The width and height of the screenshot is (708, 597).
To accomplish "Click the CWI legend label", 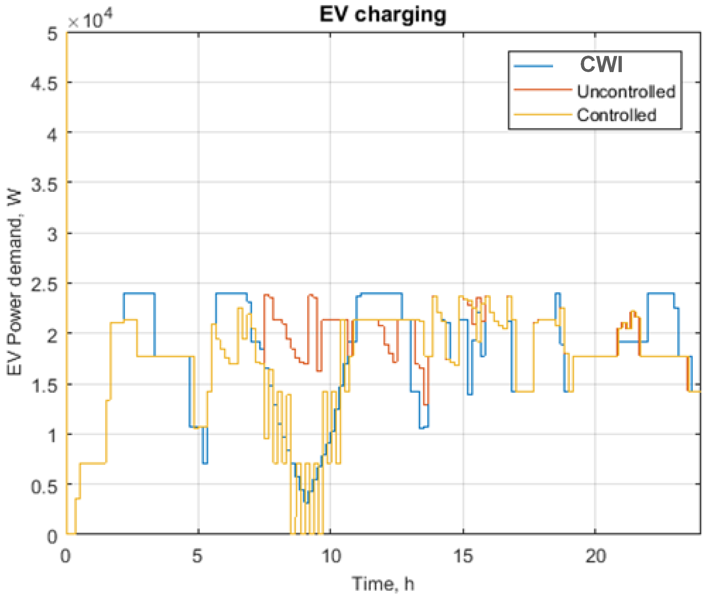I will [x=601, y=64].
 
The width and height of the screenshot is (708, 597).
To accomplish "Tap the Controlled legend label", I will [x=617, y=115].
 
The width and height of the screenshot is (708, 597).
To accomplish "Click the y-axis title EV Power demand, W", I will [x=14, y=283].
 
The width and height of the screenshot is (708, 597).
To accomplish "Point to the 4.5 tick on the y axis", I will [x=44, y=83].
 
